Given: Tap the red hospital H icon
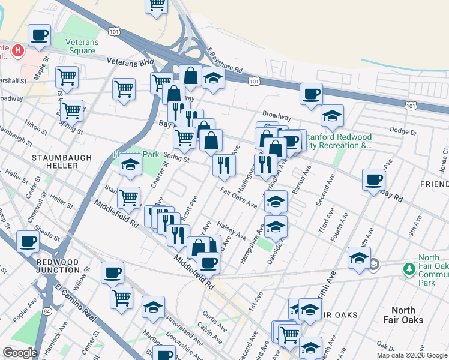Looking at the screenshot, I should point(18,51).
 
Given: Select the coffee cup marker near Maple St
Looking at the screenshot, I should point(40,35).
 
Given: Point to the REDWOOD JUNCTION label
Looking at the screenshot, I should point(58,266).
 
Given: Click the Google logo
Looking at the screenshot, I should point(20,353).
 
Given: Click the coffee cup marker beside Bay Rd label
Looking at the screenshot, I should point(373,179).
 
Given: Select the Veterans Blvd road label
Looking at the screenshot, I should point(130,61).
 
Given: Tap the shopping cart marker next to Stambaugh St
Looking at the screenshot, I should point(128,197).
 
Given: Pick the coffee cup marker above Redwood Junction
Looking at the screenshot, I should point(28,242).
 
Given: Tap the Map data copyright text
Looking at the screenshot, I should point(412,355).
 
